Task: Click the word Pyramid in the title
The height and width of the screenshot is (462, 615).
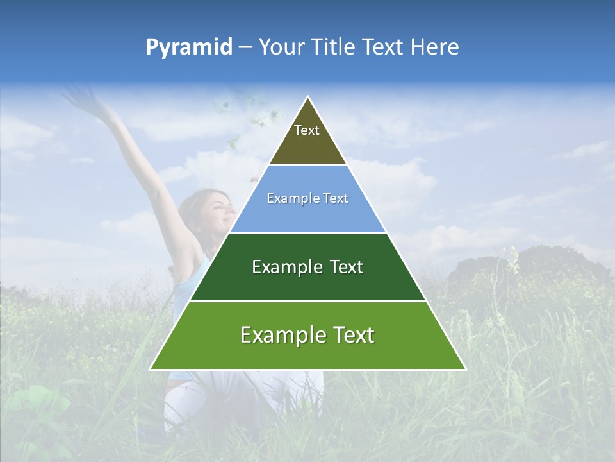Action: [x=189, y=47]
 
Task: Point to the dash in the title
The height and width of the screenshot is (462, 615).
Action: [x=245, y=47]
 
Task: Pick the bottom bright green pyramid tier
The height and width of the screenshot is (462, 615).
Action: [x=307, y=353]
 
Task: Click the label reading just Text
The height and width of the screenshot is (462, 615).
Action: [x=307, y=130]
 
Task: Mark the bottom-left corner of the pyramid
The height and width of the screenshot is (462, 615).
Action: [x=151, y=369]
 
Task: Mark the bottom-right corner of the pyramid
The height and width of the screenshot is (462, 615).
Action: [x=465, y=369]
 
